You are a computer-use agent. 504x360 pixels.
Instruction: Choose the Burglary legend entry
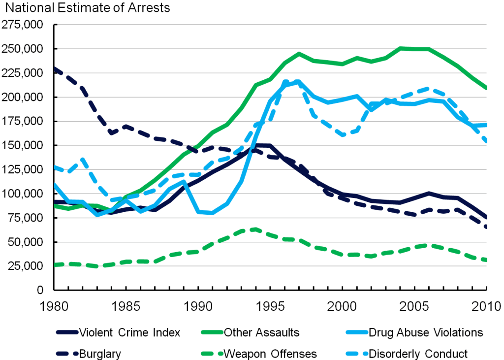click(x=100, y=353)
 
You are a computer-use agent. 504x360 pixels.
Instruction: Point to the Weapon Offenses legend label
click(x=270, y=353)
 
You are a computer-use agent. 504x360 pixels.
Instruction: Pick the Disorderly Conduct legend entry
click(x=418, y=353)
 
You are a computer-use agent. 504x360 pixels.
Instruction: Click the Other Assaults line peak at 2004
click(x=400, y=48)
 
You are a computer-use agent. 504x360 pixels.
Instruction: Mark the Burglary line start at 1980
click(x=54, y=68)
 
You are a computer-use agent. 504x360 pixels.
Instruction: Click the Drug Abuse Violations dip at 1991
click(x=212, y=213)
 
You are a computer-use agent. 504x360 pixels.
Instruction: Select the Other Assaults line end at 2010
click(x=486, y=89)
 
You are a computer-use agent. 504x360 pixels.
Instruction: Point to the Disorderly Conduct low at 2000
click(x=343, y=134)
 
